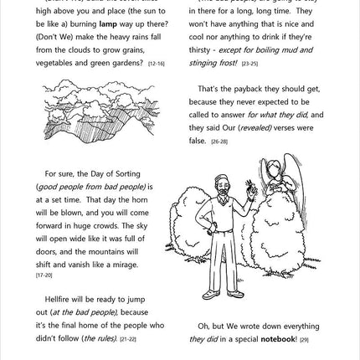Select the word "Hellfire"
coord(59,300)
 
